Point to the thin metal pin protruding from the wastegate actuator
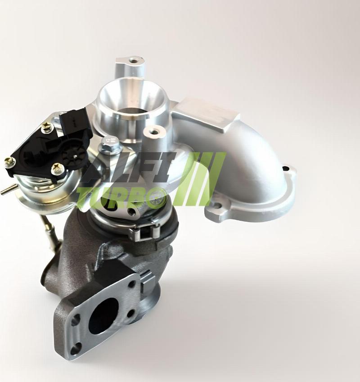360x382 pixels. click(x=5, y=191)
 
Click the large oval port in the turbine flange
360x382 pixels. click(x=103, y=316)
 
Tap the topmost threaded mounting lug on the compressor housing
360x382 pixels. click(x=133, y=60)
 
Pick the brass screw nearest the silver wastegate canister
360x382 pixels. click(x=56, y=169)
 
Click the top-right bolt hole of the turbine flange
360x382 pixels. click(x=132, y=284)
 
